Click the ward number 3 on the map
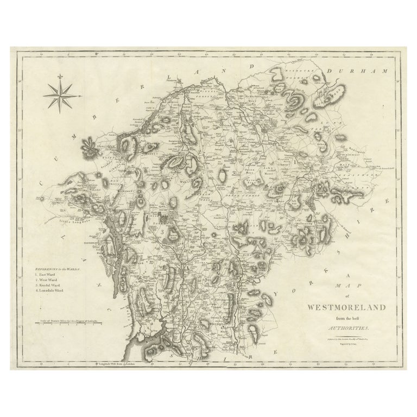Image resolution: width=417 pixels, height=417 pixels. click(x=162, y=231)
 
